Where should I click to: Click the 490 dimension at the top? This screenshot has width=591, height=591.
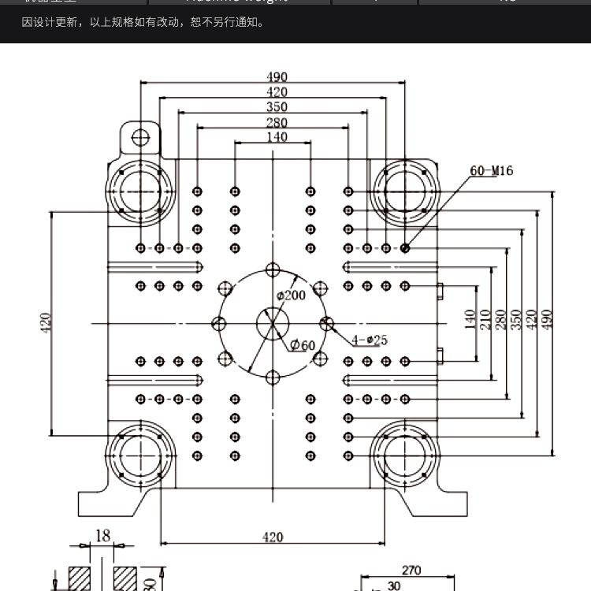(x=277, y=77)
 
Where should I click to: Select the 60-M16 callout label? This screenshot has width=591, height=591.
(x=491, y=170)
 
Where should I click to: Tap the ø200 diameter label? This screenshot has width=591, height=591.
(x=291, y=295)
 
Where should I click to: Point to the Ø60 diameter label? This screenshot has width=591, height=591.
(x=302, y=345)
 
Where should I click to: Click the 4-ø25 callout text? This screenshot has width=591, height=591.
(x=370, y=340)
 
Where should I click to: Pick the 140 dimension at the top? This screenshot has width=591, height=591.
(x=277, y=137)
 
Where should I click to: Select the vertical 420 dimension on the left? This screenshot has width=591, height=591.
(x=46, y=322)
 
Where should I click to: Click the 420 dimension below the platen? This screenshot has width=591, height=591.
(x=273, y=537)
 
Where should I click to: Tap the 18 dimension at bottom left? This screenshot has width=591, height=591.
(x=102, y=536)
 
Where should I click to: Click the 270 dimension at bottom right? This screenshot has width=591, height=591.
(x=411, y=571)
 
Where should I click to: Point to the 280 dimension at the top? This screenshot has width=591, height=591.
(x=277, y=122)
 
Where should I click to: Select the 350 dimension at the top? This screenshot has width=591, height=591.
(x=277, y=107)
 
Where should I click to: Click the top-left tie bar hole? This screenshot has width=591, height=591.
(x=140, y=191)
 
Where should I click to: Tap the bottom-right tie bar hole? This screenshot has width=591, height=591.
(x=405, y=455)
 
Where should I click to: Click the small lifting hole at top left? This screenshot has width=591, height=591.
(x=140, y=138)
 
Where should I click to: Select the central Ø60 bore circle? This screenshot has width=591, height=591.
(x=273, y=323)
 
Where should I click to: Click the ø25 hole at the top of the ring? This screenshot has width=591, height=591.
(x=273, y=269)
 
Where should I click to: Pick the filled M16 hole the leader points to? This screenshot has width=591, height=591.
(x=405, y=248)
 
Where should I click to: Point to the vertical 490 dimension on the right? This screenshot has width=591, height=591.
(x=548, y=318)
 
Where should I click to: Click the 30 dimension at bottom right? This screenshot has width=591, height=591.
(x=393, y=585)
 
